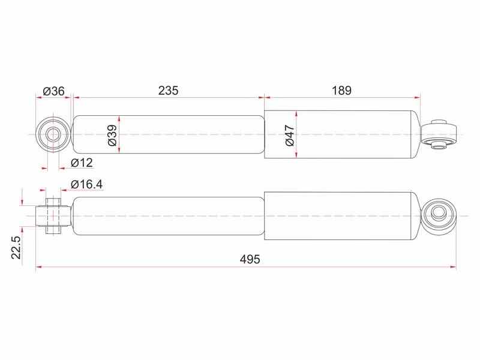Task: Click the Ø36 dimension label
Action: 54,91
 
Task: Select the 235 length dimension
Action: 168,91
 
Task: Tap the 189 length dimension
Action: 341,91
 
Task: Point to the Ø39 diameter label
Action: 112,136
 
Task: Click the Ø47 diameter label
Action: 289,136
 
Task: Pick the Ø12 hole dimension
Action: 82,163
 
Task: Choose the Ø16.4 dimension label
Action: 86,184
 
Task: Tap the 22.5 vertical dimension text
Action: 17,248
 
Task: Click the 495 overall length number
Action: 250,259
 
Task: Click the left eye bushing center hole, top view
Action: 53,134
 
